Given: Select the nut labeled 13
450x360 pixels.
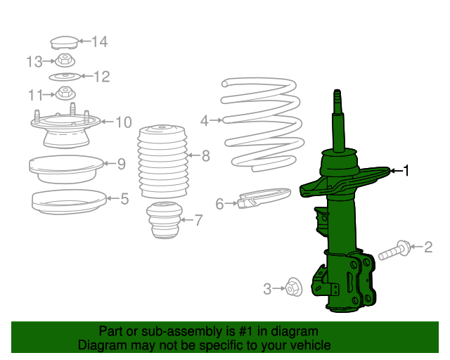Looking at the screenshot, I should click(x=65, y=60).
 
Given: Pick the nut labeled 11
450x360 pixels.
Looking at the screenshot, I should click(x=65, y=93).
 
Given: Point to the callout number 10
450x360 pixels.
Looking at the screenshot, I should click(x=123, y=123).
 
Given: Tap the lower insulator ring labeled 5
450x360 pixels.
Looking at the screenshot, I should click(x=64, y=200).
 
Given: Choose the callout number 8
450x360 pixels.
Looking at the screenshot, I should click(x=205, y=156).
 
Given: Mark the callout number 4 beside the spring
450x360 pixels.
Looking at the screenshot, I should click(x=204, y=121).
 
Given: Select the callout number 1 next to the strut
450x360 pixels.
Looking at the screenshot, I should click(x=405, y=170).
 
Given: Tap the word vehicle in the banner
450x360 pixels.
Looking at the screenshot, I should click(x=308, y=345).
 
